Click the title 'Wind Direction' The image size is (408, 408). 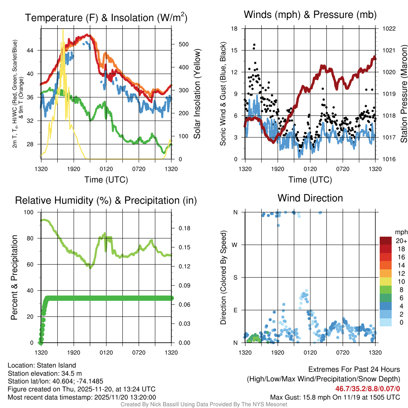click(x=310, y=198)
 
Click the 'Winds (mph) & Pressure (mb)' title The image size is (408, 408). click(x=310, y=15)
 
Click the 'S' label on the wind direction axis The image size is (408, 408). click(x=235, y=277)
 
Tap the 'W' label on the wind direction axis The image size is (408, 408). click(x=235, y=245)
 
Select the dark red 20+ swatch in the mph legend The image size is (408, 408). click(x=386, y=241)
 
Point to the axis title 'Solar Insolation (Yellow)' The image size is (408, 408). click(x=197, y=94)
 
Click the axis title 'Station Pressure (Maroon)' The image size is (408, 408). click(x=403, y=94)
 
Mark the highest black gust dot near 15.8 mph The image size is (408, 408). click(x=254, y=45)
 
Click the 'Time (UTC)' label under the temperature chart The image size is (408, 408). click(x=106, y=180)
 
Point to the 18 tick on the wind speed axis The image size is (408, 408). click(x=235, y=29)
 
